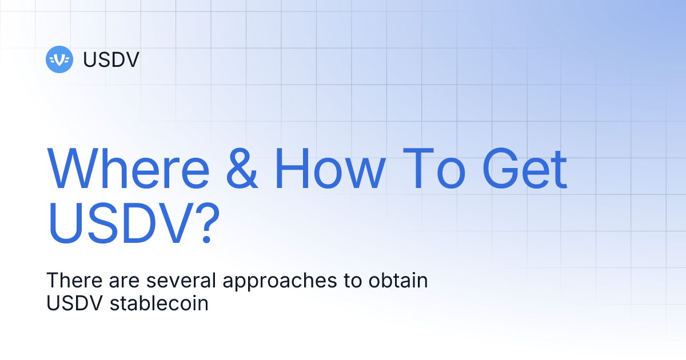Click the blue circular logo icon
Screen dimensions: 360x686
(x=59, y=59)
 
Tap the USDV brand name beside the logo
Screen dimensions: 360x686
(x=111, y=59)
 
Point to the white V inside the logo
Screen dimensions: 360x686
(x=59, y=59)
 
